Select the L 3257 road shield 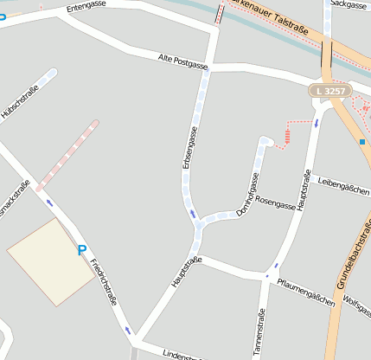[330, 90]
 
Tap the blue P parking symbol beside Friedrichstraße [82, 250]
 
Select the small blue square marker [362, 141]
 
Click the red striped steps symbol [286, 136]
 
